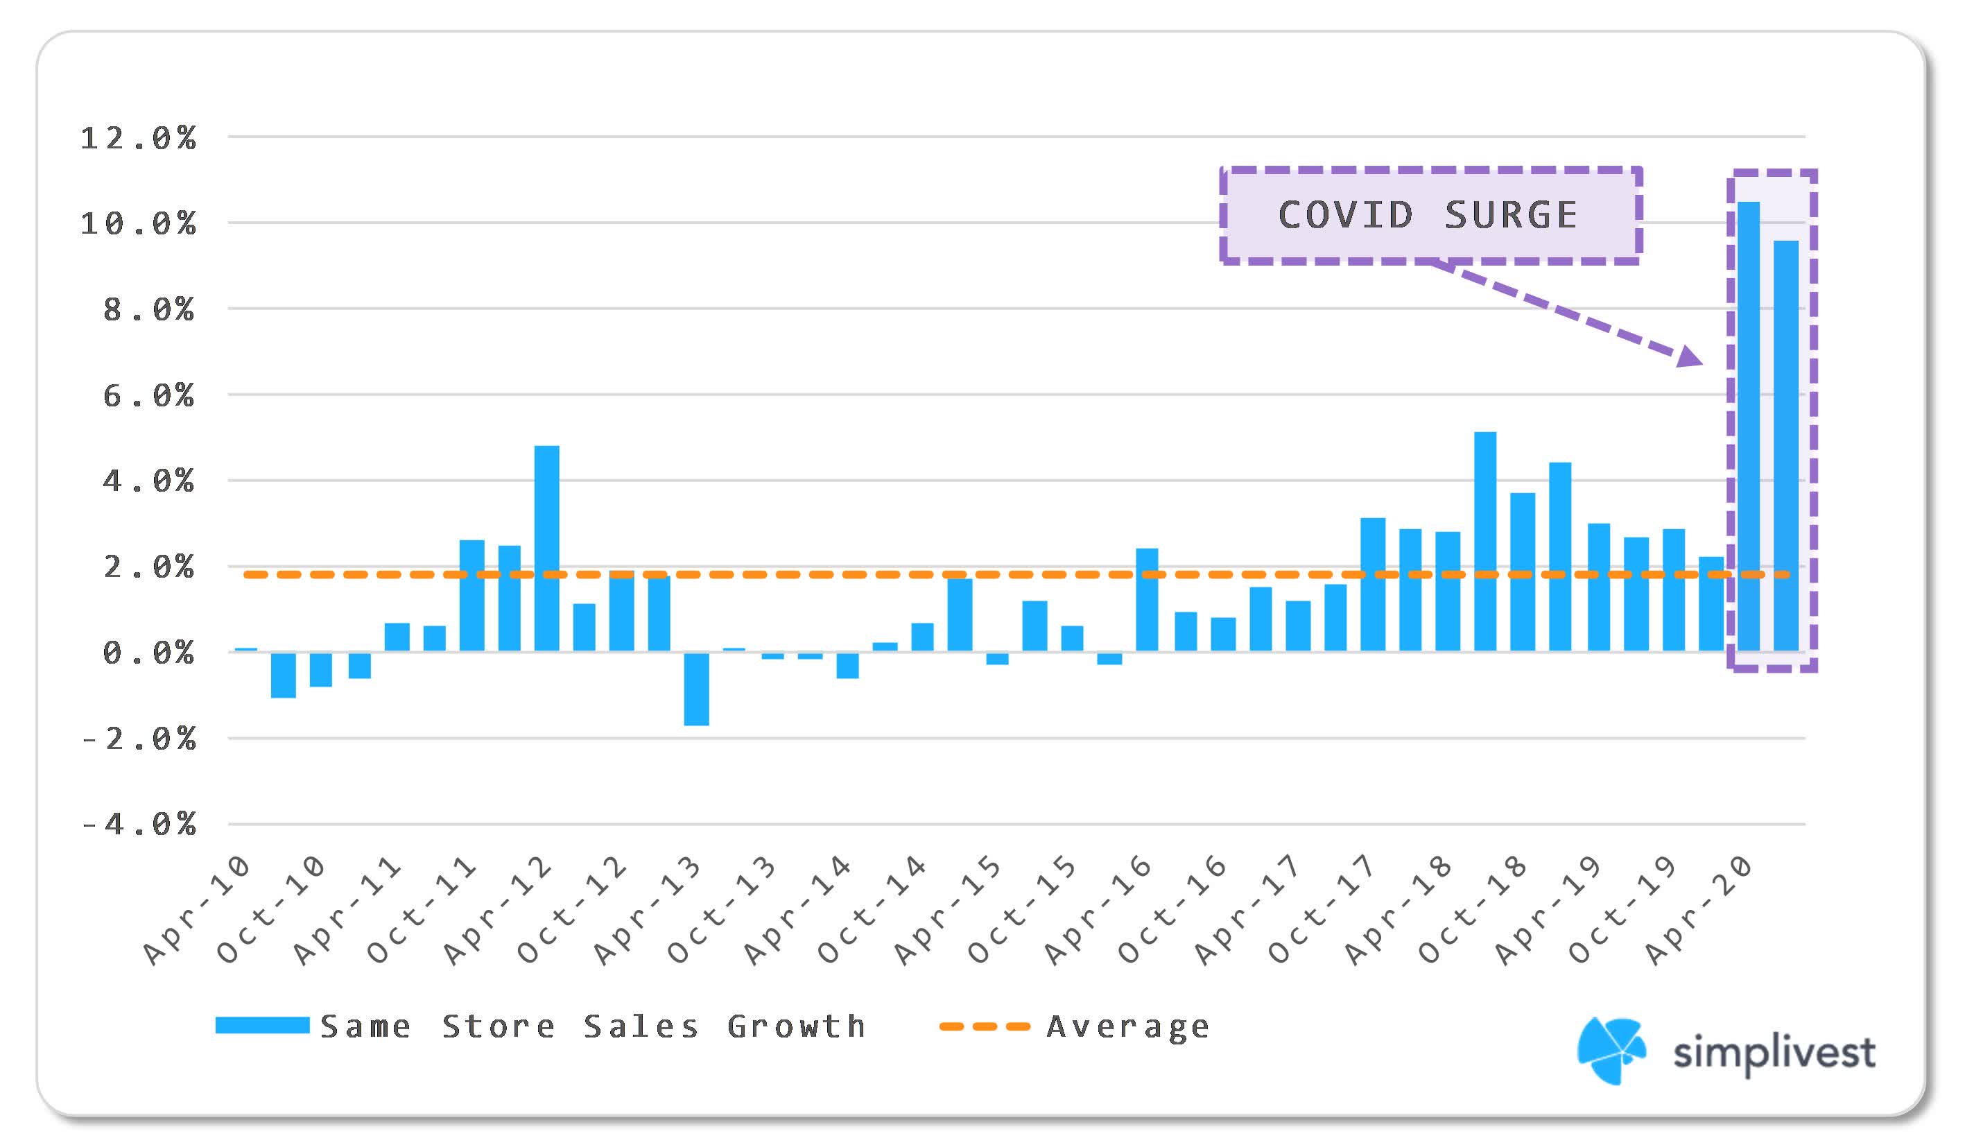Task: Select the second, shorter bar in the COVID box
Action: [x=1786, y=447]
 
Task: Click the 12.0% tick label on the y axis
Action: [x=139, y=139]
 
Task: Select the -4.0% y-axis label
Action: [x=139, y=825]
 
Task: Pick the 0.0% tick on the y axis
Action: [x=148, y=653]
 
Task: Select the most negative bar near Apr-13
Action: [x=696, y=689]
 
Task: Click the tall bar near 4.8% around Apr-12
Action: [x=547, y=549]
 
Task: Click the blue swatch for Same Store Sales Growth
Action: [x=262, y=1025]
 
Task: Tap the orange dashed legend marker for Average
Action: [x=984, y=1026]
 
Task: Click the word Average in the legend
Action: [x=1128, y=1026]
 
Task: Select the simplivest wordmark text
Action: [x=1774, y=1053]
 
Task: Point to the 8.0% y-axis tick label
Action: [x=148, y=310]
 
